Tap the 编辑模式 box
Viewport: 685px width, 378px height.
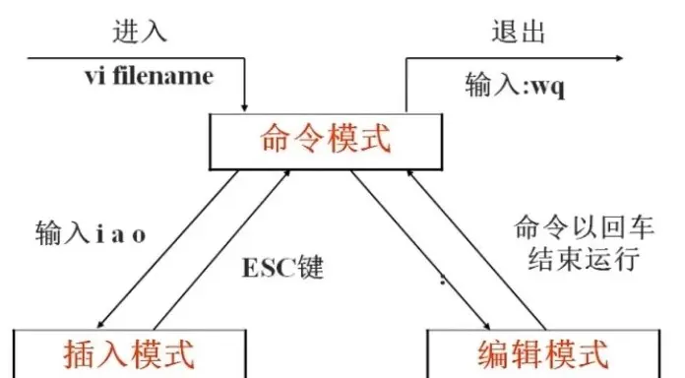pyautogui.click(x=541, y=354)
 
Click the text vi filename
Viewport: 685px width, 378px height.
pyautogui.click(x=148, y=77)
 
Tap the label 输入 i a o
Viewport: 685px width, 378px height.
pyautogui.click(x=91, y=234)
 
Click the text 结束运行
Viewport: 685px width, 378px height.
pyautogui.click(x=578, y=261)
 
